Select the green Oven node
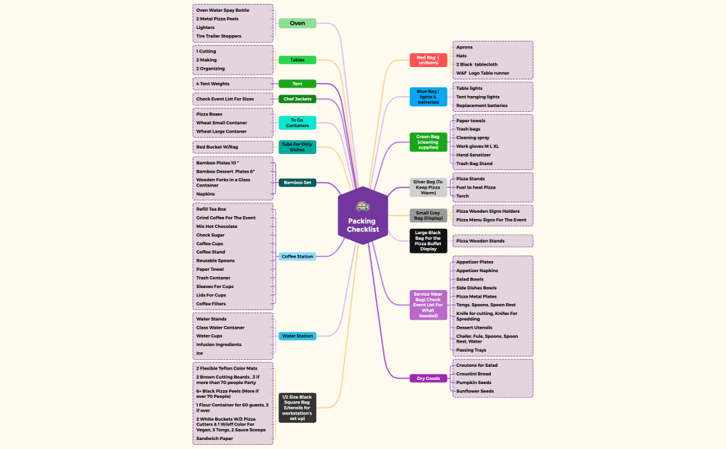point(297,23)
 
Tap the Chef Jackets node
point(297,99)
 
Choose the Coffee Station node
point(297,256)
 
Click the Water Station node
point(297,336)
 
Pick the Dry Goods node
point(429,379)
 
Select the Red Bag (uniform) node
point(429,60)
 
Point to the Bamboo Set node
point(297,183)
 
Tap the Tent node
point(297,84)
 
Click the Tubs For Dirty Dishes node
point(297,147)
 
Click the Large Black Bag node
point(429,241)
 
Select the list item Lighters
point(205,28)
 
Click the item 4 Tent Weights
point(212,84)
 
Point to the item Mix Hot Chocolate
point(216,227)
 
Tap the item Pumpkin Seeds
point(474,383)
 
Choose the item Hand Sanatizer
point(474,155)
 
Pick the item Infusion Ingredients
point(218,345)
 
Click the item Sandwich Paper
point(214,439)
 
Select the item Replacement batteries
point(482,106)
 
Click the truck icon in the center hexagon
point(362,207)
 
